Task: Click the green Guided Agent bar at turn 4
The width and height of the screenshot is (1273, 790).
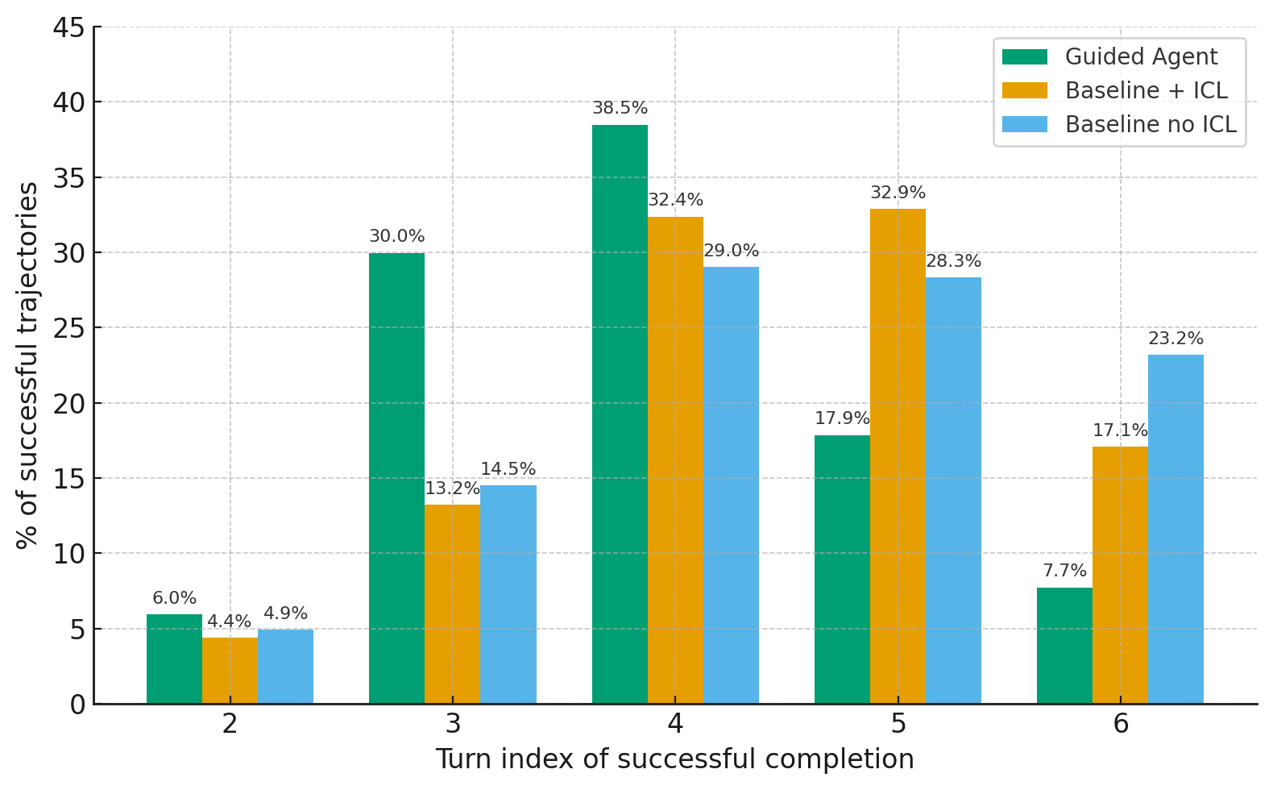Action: (620, 414)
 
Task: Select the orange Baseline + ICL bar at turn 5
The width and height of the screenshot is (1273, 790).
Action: (898, 456)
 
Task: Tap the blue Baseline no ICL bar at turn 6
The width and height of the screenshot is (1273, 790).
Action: (1176, 529)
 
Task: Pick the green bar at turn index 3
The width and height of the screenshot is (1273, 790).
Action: (396, 478)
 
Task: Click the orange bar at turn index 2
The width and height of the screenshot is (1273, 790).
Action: (230, 671)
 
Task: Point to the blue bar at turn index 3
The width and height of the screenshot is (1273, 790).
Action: (508, 594)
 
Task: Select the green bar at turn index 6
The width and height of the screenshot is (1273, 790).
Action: (1064, 646)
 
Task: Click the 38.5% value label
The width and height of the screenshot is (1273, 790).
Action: (620, 108)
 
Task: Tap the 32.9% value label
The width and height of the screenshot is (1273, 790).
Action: (898, 193)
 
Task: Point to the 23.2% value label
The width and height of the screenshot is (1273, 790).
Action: (1176, 339)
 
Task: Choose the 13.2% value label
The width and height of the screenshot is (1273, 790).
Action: (452, 489)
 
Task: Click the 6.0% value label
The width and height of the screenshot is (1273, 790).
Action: (174, 598)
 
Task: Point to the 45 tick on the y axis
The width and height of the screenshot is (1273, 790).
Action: (68, 28)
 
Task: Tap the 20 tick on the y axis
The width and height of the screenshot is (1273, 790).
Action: (68, 403)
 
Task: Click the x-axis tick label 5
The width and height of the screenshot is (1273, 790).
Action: (898, 724)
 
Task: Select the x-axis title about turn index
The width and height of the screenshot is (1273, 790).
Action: (674, 759)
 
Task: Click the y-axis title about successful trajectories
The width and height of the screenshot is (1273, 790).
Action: (27, 365)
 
